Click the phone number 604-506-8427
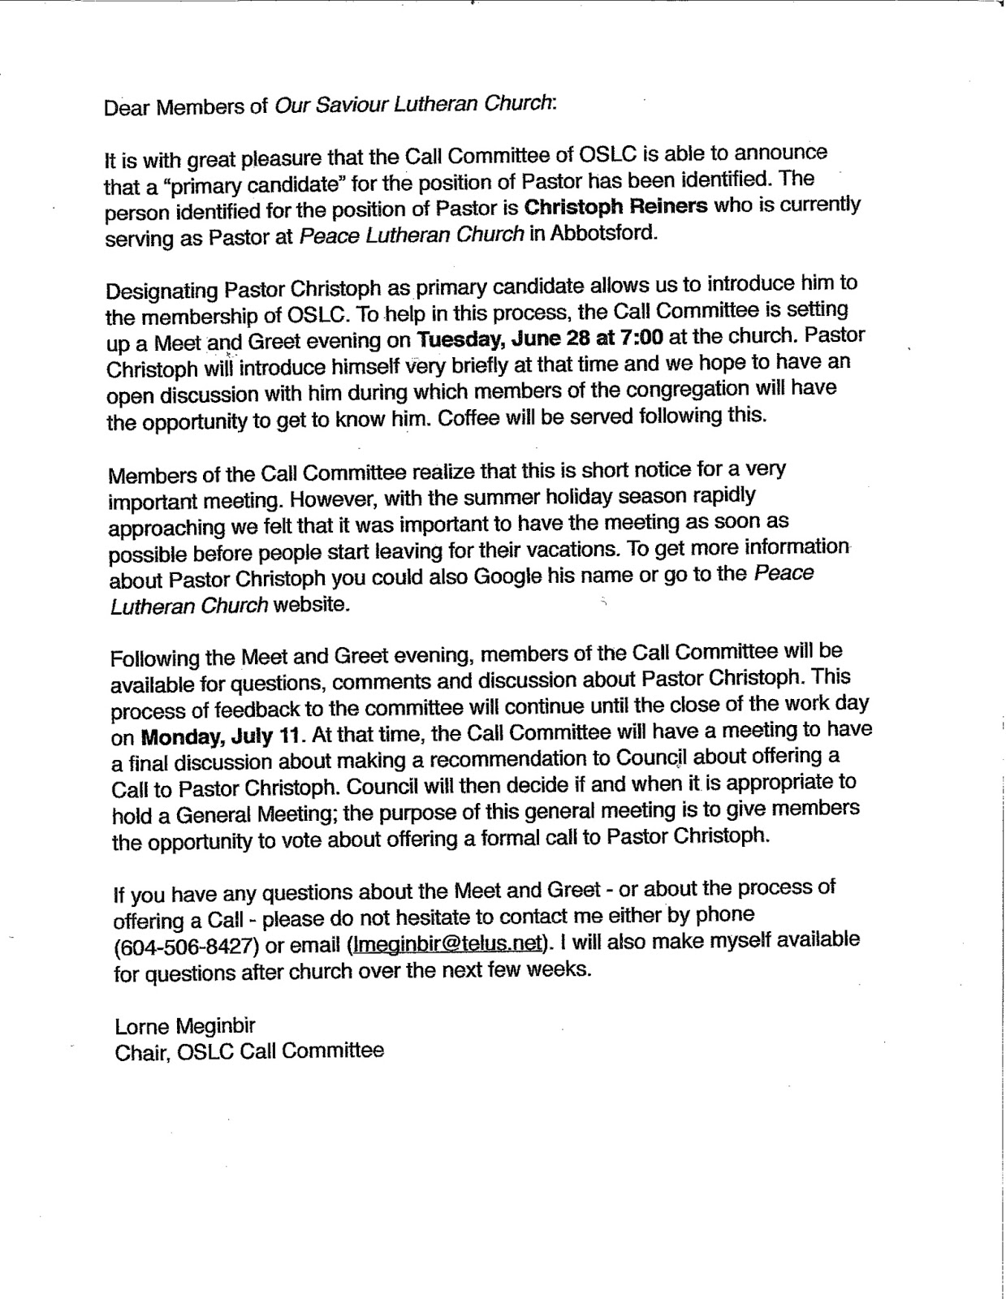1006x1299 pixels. pos(188,947)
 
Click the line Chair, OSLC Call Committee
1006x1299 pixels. pos(249,1051)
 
